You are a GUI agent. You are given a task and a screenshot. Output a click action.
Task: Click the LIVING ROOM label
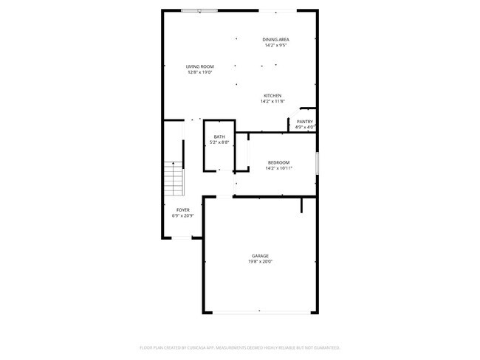click(200, 66)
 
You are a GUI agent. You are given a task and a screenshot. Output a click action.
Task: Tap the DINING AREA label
click(275, 39)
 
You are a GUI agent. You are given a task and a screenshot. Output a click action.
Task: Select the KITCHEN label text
click(272, 95)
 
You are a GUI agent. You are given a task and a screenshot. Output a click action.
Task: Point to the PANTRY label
click(305, 122)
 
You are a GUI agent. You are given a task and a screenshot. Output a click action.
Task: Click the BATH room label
click(219, 136)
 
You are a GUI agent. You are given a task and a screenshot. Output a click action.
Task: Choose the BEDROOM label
click(278, 162)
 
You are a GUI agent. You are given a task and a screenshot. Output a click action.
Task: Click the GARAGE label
click(259, 256)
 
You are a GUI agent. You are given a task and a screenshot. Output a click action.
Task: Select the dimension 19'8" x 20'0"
click(259, 262)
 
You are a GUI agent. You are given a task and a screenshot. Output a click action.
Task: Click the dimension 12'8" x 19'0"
click(200, 72)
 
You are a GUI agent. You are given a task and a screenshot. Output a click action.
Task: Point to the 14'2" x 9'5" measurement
click(275, 45)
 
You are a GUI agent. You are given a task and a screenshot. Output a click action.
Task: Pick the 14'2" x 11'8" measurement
click(272, 101)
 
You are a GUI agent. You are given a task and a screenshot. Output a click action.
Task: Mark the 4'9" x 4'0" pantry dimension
click(305, 128)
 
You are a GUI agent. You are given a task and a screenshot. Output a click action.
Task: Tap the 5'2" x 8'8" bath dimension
click(219, 142)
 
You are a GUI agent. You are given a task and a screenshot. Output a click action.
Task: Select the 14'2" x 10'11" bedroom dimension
click(278, 168)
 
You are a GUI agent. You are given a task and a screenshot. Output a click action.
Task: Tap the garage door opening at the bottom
click(258, 311)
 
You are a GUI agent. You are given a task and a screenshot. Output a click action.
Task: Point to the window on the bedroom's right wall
click(316, 163)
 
